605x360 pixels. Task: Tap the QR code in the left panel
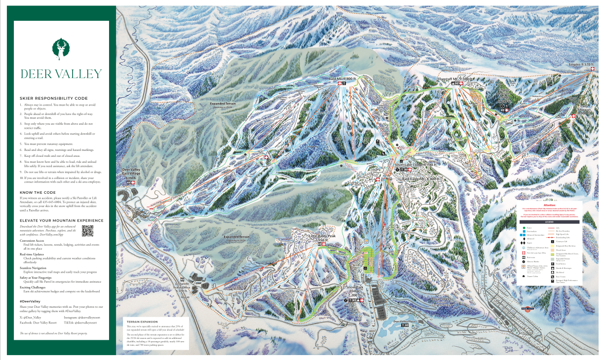pyautogui.click(x=87, y=230)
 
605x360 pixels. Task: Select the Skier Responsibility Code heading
pyautogui.click(x=54, y=98)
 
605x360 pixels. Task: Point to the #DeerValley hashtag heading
pyautogui.click(x=30, y=300)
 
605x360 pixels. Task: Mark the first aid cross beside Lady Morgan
pyautogui.click(x=573, y=116)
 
